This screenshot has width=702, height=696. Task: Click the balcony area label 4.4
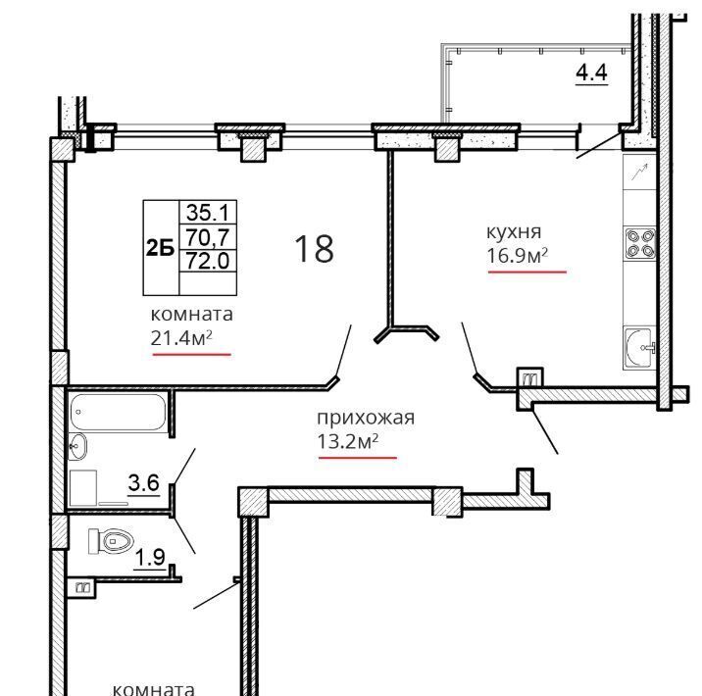591,73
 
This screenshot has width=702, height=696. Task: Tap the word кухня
514,232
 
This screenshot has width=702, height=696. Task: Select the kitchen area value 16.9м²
517,256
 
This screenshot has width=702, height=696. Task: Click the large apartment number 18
314,249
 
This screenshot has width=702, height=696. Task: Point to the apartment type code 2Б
160,247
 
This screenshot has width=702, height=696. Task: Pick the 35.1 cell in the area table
207,212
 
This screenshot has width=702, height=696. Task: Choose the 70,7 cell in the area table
207,236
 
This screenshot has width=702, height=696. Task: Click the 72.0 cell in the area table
207,260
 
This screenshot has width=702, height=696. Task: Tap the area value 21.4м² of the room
180,338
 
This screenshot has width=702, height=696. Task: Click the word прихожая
366,418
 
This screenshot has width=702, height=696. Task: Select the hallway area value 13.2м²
347,442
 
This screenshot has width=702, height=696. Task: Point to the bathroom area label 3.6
144,483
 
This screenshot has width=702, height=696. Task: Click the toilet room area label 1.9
150,557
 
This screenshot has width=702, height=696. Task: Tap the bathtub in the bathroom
119,412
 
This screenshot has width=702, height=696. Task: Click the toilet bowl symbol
112,541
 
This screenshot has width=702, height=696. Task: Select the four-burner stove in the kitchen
640,244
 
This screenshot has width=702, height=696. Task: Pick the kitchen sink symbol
639,348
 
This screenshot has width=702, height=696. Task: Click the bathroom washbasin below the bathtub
77,447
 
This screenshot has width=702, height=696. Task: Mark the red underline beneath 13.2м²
358,458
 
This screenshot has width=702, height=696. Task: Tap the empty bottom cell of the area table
207,283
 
